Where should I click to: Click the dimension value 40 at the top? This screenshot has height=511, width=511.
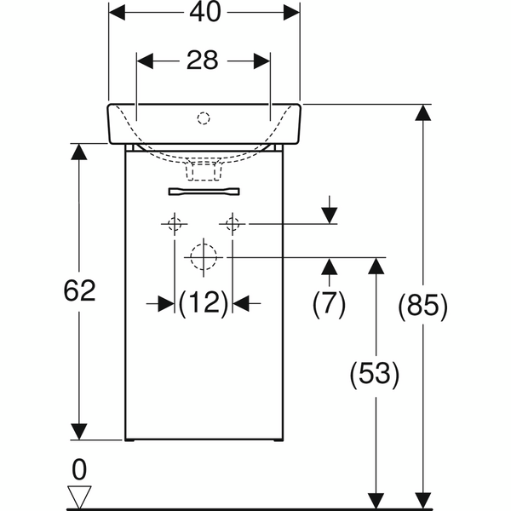204,12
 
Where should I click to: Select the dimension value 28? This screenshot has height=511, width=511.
204,60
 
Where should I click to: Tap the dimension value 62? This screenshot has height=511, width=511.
79,291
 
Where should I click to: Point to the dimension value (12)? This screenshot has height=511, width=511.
204,302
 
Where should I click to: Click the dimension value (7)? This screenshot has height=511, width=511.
329,303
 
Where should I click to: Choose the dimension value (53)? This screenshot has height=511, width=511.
374,373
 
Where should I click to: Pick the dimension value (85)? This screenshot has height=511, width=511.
422,305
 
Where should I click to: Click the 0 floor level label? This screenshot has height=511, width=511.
80,469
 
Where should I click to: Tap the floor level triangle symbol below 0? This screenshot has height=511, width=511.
80,495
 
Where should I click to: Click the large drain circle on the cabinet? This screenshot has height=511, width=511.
204,255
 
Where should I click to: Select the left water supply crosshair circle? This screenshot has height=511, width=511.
175,224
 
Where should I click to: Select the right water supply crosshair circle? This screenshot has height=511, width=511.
232,224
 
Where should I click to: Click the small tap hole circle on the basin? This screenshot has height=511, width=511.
204,117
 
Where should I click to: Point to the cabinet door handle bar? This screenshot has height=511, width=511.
204,191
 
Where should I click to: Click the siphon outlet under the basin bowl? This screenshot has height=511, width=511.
204,170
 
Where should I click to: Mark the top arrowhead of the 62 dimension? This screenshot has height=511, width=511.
79,153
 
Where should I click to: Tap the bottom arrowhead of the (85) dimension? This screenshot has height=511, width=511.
422,498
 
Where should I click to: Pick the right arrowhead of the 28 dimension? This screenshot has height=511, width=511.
261,60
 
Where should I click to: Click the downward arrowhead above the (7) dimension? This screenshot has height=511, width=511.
330,216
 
